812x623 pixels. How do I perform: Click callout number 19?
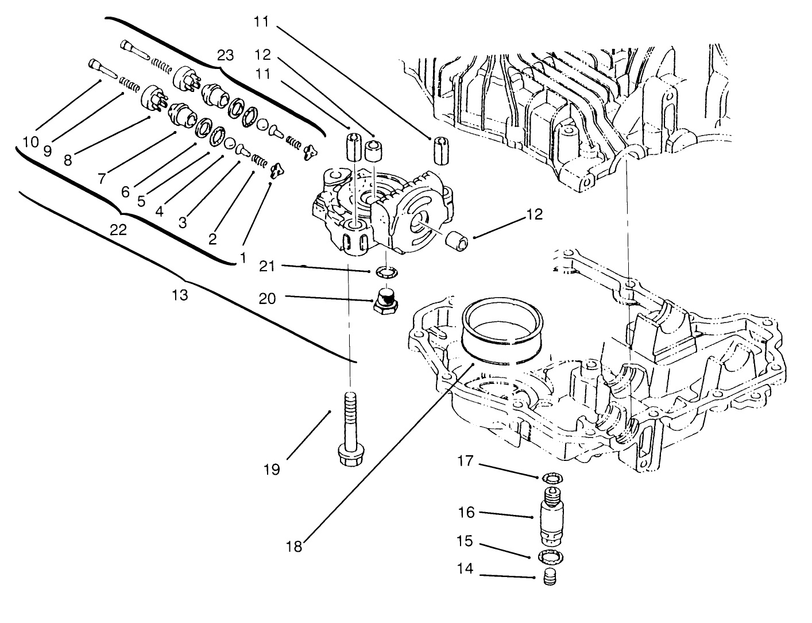coord(272,470)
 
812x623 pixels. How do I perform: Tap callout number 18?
coord(294,546)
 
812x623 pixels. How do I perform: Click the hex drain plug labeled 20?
coord(385,300)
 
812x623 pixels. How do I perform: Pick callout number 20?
coord(267,298)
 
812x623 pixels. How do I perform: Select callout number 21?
coord(267,266)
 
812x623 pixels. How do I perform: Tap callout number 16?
coord(466,512)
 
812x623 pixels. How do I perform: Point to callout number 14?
coord(466,569)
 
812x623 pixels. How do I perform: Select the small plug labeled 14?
coord(551,576)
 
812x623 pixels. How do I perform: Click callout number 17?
coord(466,461)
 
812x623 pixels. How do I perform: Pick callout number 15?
coord(466,541)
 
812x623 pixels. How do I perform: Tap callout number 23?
coord(226,56)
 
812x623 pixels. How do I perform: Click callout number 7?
coord(102,179)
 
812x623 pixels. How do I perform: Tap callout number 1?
coord(243,259)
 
